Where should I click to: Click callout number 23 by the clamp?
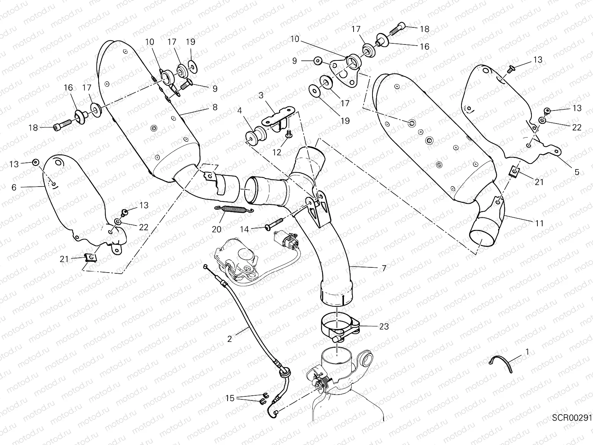[x=384, y=326]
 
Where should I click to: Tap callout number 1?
[x=527, y=351]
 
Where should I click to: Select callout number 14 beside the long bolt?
[x=244, y=230]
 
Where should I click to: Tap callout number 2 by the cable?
[x=229, y=339]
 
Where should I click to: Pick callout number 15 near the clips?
[x=230, y=398]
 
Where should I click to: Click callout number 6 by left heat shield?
[x=14, y=187]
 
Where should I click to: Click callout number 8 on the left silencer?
[x=215, y=108]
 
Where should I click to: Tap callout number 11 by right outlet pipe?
[x=539, y=223]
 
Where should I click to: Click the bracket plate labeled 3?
[x=278, y=116]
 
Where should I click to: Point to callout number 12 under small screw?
[x=276, y=152]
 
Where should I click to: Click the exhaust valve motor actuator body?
[x=237, y=256]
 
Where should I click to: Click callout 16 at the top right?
[x=424, y=46]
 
